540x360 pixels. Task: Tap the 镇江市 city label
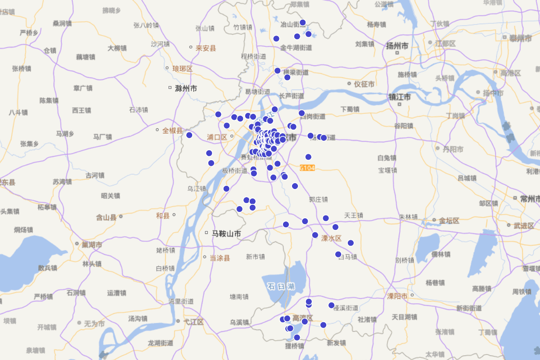pos(400,97)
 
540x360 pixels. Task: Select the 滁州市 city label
pos(185,89)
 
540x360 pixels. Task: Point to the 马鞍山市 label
pos(226,234)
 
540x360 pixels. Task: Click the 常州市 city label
pos(529,198)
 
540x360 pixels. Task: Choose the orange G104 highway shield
pos(307,168)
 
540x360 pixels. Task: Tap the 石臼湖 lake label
pos(280,286)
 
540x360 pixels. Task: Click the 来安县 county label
pos(206,48)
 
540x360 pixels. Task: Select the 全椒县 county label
pos(173,131)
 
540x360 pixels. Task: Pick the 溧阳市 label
pos(397,296)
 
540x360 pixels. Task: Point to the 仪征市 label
pos(364,84)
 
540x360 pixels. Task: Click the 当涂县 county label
pos(220,258)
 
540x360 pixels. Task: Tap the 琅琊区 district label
pos(182,69)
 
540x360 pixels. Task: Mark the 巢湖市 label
pos(92,245)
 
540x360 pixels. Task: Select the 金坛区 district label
pos(449,221)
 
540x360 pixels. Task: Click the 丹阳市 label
pos(453,149)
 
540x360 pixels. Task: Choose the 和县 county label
pos(162,216)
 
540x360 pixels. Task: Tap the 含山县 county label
pos(106,218)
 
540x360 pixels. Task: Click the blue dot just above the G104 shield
pos(308,157)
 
